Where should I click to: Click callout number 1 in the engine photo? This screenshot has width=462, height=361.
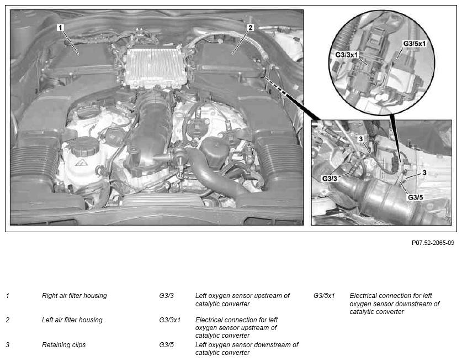click(x=60, y=28)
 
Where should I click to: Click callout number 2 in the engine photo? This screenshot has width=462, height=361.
click(x=250, y=28)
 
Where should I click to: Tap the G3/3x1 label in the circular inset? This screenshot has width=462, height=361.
click(x=346, y=55)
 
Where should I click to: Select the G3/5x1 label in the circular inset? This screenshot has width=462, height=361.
click(x=415, y=44)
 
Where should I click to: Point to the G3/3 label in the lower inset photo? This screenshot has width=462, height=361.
click(x=330, y=179)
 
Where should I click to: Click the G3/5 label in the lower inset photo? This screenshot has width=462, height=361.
click(x=416, y=197)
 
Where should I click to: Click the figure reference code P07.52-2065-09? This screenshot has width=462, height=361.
click(x=433, y=243)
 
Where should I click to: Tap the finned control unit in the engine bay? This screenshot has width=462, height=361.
click(x=157, y=67)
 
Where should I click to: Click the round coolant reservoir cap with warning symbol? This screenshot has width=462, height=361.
click(x=86, y=147)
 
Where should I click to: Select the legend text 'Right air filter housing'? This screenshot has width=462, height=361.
click(x=75, y=295)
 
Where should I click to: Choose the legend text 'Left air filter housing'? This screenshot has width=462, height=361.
click(x=72, y=320)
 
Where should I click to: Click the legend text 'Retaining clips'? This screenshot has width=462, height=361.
click(x=63, y=344)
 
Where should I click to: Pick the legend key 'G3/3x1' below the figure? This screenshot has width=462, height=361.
click(x=169, y=320)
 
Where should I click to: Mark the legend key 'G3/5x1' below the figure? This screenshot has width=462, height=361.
click(x=324, y=295)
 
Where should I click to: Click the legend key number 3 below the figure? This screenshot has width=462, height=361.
click(x=8, y=344)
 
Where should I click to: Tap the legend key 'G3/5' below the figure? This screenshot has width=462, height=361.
click(x=167, y=344)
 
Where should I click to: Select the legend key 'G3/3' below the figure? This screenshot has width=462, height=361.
click(x=167, y=295)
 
